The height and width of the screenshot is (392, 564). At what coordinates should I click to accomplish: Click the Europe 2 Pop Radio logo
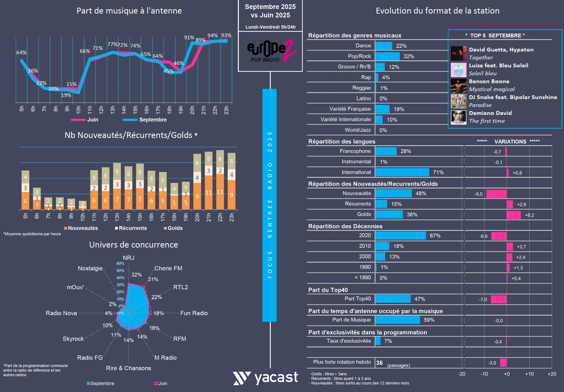[x=271, y=51]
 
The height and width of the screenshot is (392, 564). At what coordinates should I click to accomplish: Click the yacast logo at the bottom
[x=266, y=378]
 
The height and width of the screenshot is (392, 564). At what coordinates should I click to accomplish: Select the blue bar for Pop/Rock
[x=387, y=56]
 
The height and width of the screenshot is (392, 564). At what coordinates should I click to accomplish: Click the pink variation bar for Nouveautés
[x=497, y=194]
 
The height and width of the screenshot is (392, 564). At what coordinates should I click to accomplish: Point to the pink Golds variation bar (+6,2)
[x=514, y=215]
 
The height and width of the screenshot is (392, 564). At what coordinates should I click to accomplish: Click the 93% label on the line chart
[x=226, y=35]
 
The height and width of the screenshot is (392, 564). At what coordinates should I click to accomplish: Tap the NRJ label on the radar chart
[x=128, y=258]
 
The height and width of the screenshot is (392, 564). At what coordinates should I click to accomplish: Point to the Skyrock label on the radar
[x=73, y=339]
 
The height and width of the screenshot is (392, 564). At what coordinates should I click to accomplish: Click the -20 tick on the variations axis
[x=462, y=374]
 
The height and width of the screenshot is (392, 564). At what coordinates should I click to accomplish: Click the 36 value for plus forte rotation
[x=379, y=363]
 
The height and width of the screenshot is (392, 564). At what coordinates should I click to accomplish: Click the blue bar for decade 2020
[x=400, y=235]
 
